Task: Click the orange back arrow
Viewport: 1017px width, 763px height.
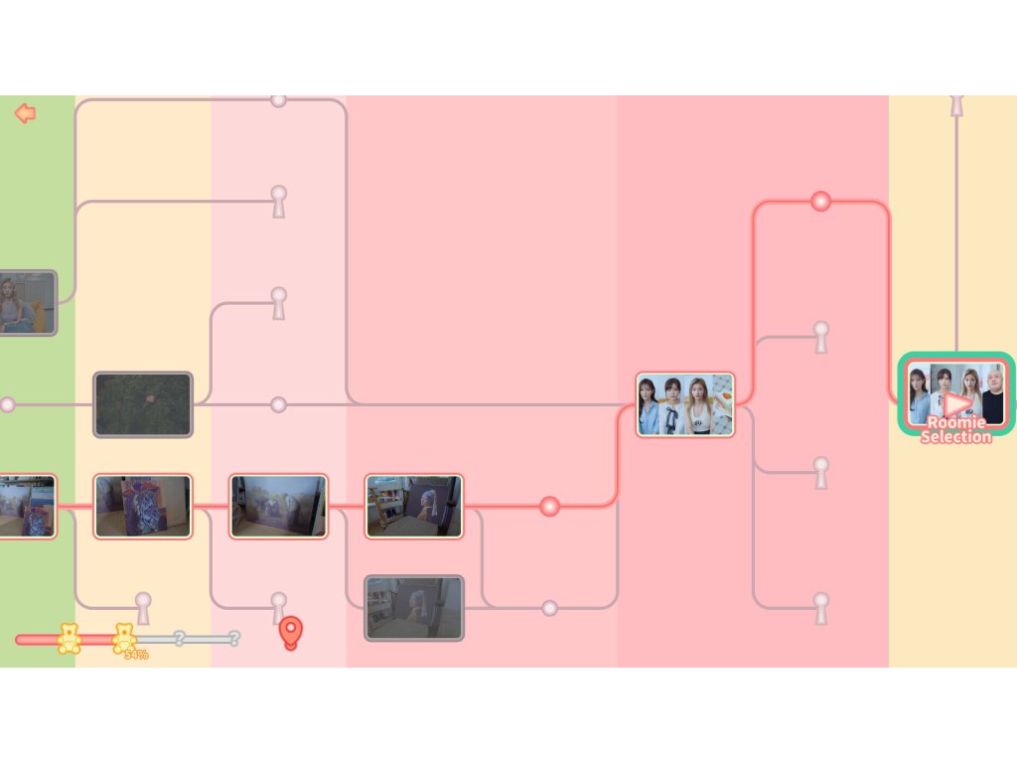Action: point(25,113)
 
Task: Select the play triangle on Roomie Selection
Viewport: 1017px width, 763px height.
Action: point(956,403)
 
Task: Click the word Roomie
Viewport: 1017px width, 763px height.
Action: point(955,422)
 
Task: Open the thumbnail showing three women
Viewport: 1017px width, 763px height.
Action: point(685,404)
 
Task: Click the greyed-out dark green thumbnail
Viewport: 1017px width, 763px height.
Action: point(143,404)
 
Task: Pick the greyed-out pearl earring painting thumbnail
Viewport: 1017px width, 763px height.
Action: point(414,607)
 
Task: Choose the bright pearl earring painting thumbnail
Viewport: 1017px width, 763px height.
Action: point(414,507)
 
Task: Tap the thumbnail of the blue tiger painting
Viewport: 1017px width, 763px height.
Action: point(143,507)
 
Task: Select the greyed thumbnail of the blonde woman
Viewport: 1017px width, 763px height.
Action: point(26,302)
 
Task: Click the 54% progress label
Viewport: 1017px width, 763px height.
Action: point(136,655)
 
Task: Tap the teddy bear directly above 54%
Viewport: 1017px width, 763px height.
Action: point(124,637)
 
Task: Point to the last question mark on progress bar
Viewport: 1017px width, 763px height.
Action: point(234,638)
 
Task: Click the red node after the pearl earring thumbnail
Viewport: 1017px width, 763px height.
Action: point(549,507)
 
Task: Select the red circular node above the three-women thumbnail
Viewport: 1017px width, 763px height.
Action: point(820,202)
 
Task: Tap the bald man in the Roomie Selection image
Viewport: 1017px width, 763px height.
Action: point(992,393)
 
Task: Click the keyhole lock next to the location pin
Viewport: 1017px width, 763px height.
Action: point(279,607)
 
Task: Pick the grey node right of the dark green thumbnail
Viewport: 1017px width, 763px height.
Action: point(279,404)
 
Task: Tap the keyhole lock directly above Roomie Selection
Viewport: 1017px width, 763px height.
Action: point(956,104)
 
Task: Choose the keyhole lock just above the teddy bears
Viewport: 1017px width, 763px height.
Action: point(143,607)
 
